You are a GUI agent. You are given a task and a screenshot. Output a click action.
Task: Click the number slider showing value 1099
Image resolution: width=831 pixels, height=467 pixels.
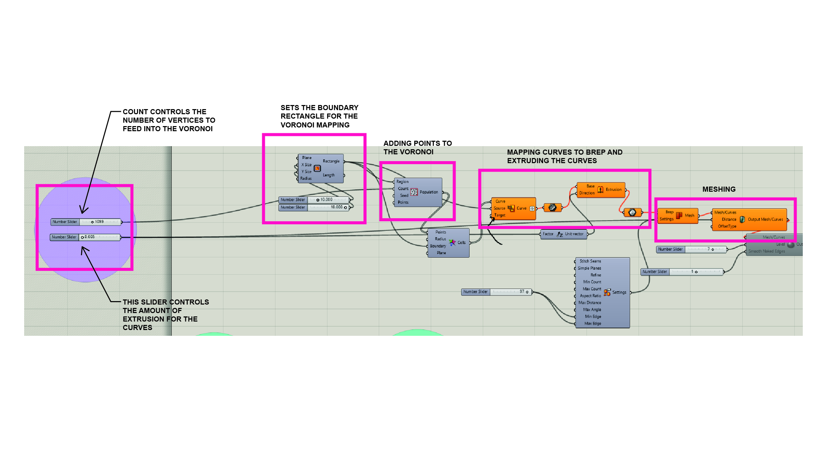(86, 222)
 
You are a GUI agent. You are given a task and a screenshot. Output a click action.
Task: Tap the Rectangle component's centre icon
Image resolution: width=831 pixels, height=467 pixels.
(317, 168)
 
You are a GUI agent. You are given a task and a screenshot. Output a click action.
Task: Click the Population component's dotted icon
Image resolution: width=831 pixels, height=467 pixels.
(414, 192)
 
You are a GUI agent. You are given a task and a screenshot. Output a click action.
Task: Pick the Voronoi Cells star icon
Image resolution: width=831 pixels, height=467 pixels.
(452, 243)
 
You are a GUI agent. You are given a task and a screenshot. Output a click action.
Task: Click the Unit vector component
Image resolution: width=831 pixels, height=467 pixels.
(564, 234)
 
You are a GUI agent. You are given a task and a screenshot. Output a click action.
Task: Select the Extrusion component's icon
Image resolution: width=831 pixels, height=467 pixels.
(600, 190)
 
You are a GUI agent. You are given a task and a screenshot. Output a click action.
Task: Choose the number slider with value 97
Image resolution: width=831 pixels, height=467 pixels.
(496, 292)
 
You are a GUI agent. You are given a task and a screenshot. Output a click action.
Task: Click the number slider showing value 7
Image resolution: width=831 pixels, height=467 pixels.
(691, 249)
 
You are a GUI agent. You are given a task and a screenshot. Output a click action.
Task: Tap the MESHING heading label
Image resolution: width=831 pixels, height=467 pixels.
(719, 189)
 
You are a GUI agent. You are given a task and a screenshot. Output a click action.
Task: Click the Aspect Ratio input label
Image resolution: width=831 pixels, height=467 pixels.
(590, 296)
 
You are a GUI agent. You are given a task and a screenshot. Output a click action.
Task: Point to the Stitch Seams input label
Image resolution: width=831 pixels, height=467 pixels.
(590, 261)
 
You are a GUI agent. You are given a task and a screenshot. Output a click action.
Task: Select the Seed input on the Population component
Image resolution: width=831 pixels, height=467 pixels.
(404, 196)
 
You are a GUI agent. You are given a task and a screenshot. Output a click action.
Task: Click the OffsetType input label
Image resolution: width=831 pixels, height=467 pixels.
(727, 226)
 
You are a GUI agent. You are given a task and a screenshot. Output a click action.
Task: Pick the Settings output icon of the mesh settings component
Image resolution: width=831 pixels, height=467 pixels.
(607, 292)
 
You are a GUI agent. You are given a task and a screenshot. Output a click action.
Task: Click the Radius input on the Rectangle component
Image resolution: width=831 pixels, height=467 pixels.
(306, 178)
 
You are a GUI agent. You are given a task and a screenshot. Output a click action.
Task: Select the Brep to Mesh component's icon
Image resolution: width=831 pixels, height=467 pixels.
(679, 215)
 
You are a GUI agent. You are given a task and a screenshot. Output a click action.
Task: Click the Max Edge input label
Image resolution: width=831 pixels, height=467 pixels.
(593, 324)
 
